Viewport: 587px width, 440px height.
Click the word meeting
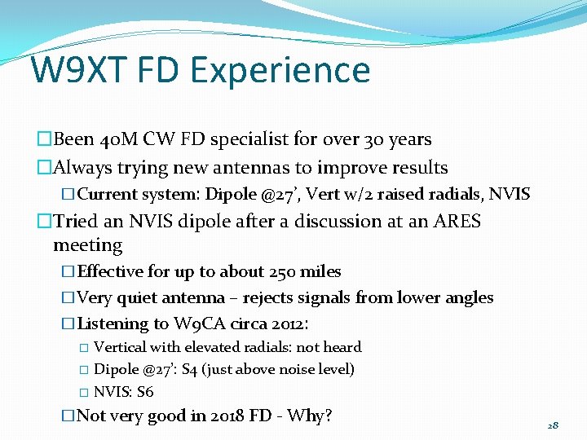click(87, 245)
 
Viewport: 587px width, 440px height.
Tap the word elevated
click(215, 347)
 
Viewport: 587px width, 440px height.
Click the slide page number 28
click(553, 425)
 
